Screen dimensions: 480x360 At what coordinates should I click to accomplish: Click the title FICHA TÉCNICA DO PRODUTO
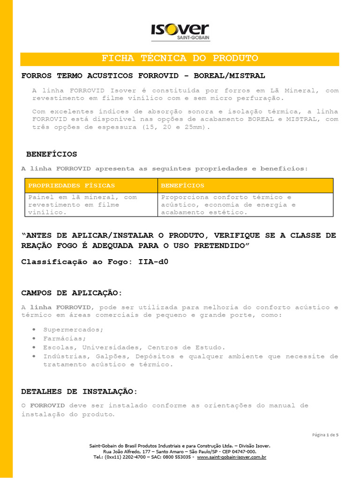pos(180,59)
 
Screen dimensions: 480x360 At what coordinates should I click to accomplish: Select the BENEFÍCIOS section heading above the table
pos(52,154)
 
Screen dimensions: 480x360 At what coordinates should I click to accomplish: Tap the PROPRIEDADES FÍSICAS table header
pos(72,186)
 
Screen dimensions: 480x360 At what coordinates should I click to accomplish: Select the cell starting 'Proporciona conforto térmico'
pos(228,205)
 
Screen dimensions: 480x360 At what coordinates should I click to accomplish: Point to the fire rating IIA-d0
pos(153,262)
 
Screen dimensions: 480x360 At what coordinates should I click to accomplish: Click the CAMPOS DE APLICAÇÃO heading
pos(72,293)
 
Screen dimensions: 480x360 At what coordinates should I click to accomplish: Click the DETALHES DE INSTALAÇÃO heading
pos(80,391)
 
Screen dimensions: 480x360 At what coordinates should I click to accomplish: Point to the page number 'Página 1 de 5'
pos(325,435)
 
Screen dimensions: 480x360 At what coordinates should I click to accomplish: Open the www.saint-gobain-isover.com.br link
pos(232,457)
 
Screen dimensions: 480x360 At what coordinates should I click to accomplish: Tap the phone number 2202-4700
pos(131,457)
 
